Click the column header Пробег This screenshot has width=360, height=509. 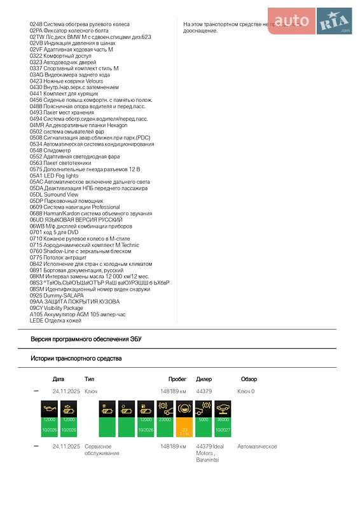click(x=177, y=379)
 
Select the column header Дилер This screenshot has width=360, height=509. click(x=204, y=379)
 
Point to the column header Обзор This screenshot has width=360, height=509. click(x=249, y=379)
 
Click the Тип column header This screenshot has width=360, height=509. click(x=89, y=379)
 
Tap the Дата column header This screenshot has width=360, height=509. click(x=59, y=379)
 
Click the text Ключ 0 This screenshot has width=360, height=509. click(x=246, y=391)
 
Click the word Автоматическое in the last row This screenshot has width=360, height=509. click(x=257, y=447)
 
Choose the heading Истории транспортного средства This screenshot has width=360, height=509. click(x=76, y=359)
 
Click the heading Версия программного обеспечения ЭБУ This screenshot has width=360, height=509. click(x=86, y=339)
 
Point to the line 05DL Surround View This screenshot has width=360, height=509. click(x=54, y=195)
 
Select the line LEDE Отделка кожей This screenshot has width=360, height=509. click(x=55, y=321)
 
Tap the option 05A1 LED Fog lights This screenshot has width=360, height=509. click(x=58, y=176)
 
